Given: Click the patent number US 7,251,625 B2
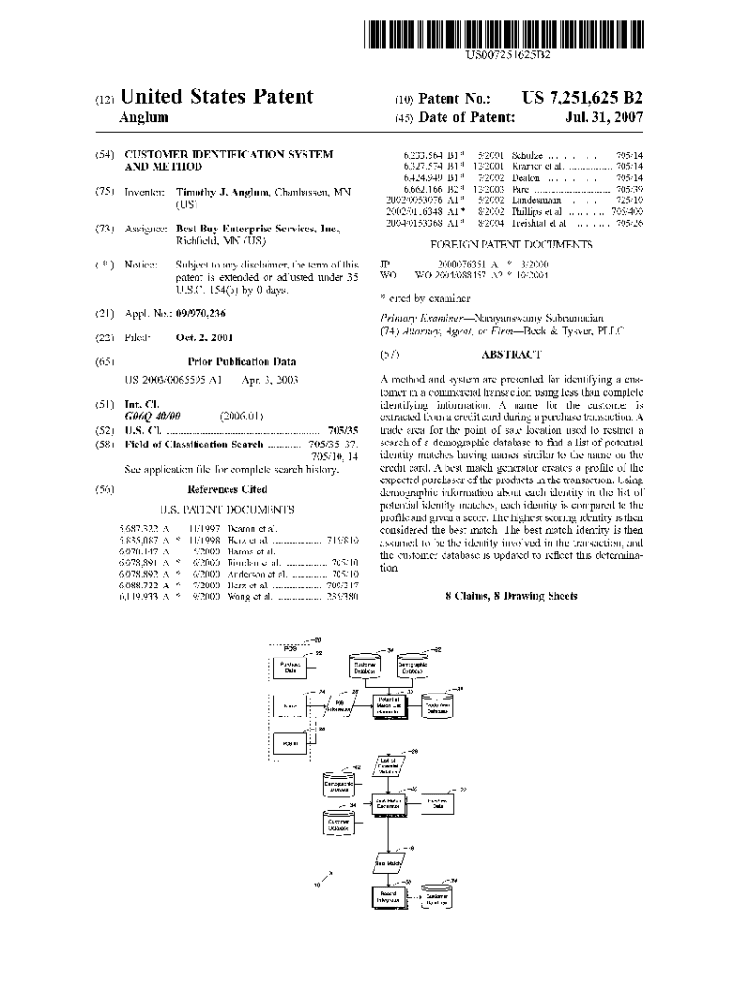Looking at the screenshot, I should click(x=582, y=98).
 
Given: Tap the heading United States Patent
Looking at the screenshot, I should click(x=216, y=96).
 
